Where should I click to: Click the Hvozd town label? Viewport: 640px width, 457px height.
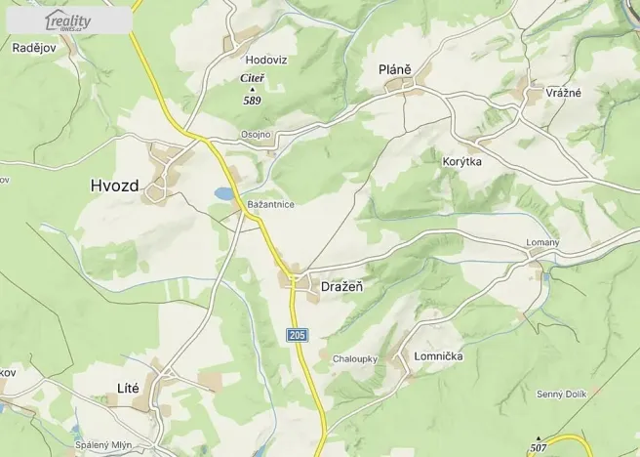(114, 185)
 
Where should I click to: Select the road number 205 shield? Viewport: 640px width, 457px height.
(298, 335)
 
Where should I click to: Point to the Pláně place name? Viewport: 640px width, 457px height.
(395, 69)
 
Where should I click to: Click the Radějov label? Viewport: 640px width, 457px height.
(34, 47)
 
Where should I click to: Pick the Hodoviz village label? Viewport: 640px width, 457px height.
(265, 60)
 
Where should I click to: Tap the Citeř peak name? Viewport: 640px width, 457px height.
(252, 77)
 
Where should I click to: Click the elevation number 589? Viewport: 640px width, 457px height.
(252, 100)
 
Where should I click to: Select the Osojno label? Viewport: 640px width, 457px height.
(256, 135)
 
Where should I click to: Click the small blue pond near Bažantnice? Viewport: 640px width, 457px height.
(225, 193)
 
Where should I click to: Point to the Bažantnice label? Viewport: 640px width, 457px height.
(271, 204)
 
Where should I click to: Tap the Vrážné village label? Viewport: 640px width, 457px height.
(564, 92)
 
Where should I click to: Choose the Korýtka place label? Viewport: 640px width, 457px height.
(462, 161)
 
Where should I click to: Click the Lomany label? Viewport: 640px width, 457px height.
(542, 242)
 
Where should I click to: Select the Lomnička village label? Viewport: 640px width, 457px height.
(438, 356)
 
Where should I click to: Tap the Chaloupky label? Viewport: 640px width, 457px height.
(355, 358)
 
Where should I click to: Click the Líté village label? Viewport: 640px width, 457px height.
(128, 388)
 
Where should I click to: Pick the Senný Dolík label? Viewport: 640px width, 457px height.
(561, 394)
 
